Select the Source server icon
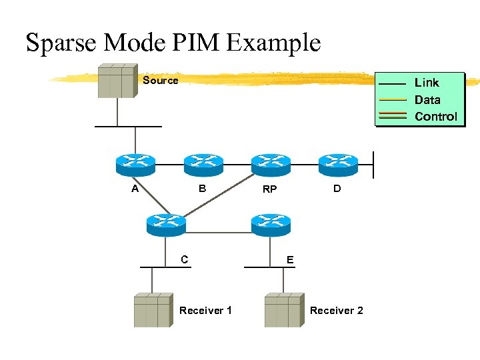coord(117,81)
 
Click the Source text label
coord(161,81)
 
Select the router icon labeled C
coord(165,224)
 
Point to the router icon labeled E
coord(271,224)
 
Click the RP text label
coord(269,190)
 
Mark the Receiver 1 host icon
coord(153,310)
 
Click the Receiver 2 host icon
coord(283,310)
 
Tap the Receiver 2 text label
coord(337,311)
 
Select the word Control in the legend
coord(436,117)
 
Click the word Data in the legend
coord(427,100)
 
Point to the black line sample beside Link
coord(392,83)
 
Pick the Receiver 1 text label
coord(206,311)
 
